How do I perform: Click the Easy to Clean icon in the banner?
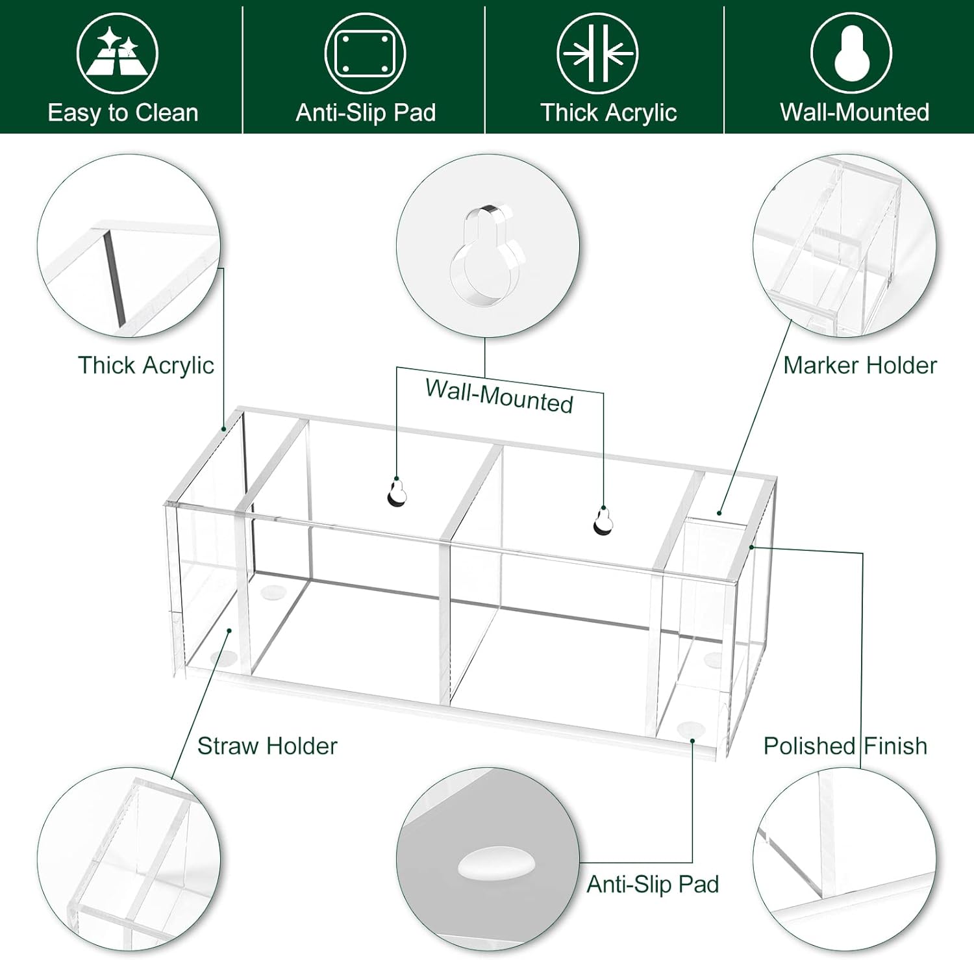[118, 53]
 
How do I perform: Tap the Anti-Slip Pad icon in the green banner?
[365, 53]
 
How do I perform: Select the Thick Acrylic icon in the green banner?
[597, 53]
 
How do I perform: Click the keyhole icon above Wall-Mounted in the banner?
[851, 53]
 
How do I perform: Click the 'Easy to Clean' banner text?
[123, 113]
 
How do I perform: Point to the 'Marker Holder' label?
[860, 365]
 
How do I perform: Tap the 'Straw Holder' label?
[267, 746]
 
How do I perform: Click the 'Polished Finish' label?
[845, 746]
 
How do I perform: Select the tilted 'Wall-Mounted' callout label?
[499, 396]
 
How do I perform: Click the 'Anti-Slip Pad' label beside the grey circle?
[653, 884]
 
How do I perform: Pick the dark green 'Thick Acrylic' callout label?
[146, 365]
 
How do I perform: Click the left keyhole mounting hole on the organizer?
[397, 492]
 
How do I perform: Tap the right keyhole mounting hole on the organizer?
[603, 521]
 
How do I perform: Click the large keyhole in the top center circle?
[487, 257]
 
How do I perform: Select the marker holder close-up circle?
[844, 246]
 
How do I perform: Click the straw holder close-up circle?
[129, 857]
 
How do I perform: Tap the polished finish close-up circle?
[844, 857]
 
